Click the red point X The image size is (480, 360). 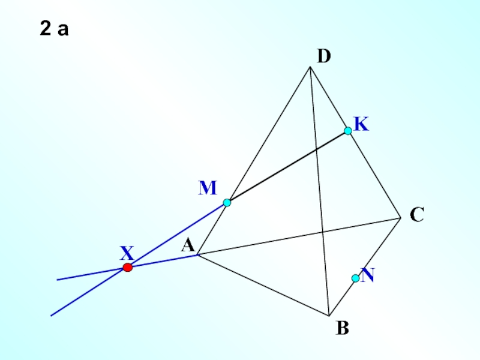click(127, 268)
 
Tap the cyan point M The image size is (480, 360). click(227, 203)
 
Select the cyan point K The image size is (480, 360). click(347, 131)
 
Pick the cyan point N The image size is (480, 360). click(355, 278)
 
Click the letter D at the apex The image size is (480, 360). click(324, 56)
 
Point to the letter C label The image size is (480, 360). click(418, 214)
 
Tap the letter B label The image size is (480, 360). click(343, 329)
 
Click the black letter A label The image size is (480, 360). click(187, 245)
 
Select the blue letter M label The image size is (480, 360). click(208, 188)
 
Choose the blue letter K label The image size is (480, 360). click(361, 124)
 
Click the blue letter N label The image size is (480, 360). click(368, 275)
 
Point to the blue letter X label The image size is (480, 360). click(127, 252)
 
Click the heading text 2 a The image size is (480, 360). click(55, 29)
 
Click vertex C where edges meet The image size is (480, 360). click(401, 217)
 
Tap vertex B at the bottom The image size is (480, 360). click(329, 316)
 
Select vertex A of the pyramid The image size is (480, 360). click(197, 255)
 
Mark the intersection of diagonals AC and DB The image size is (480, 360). click(323, 232)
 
